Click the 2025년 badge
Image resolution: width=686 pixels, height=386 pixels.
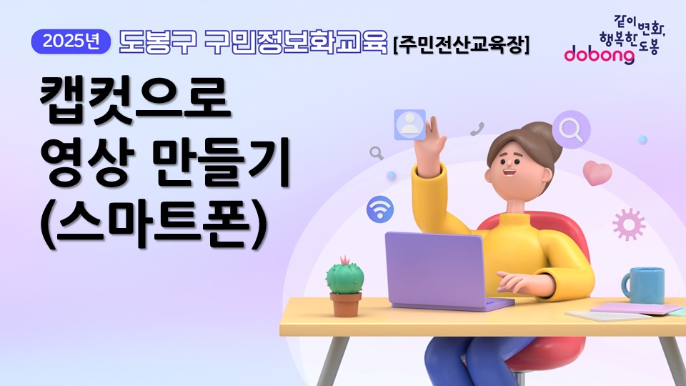click(71, 42)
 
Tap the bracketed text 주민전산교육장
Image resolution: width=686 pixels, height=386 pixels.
click(462, 45)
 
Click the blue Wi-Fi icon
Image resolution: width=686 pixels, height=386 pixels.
click(380, 209)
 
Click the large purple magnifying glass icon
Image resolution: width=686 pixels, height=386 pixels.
click(571, 129)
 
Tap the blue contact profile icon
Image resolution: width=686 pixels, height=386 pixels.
click(409, 124)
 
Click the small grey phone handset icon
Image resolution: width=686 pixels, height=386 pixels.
click(477, 129)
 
